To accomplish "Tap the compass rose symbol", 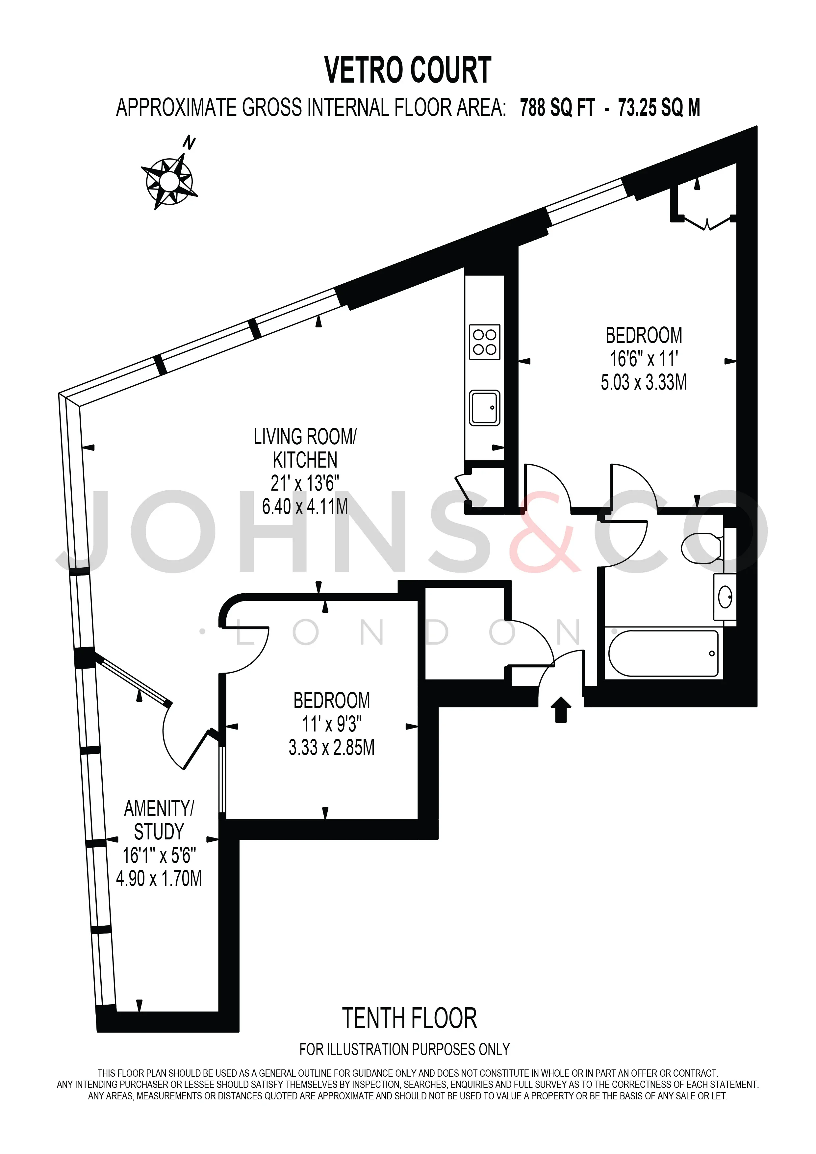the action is [169, 181].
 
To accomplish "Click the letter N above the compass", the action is [189, 143].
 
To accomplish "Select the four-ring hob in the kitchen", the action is [484, 342].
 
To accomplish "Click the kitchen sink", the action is [484, 408].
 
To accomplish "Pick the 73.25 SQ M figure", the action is [659, 108].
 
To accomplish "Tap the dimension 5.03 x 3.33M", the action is [644, 382].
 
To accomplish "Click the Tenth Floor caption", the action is [410, 1018].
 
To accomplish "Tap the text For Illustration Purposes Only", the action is [404, 1049].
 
